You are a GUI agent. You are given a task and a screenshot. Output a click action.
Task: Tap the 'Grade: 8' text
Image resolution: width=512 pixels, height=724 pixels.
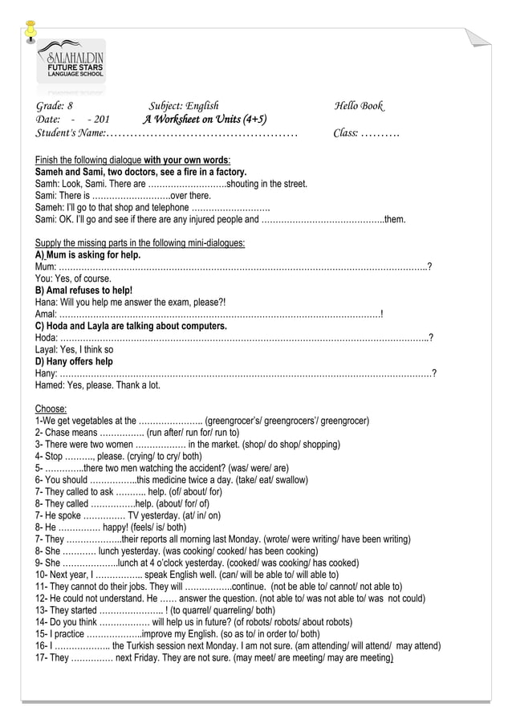click(x=55, y=106)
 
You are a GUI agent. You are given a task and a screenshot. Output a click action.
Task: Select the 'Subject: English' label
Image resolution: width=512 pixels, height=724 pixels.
click(x=184, y=106)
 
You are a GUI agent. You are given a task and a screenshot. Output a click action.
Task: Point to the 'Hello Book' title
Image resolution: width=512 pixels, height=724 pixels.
click(x=359, y=106)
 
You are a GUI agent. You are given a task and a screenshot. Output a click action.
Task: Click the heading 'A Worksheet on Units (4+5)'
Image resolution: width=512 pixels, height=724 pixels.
click(x=205, y=120)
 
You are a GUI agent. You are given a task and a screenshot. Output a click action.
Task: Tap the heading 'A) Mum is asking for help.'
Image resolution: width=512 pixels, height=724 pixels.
click(x=88, y=255)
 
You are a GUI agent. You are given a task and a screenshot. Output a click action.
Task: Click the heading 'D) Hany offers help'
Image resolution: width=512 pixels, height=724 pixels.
click(x=75, y=361)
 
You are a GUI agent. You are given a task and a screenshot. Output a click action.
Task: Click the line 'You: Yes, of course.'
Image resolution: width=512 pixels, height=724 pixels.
click(x=74, y=278)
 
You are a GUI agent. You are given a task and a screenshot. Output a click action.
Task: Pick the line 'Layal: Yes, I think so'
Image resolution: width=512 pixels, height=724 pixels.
click(x=75, y=350)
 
